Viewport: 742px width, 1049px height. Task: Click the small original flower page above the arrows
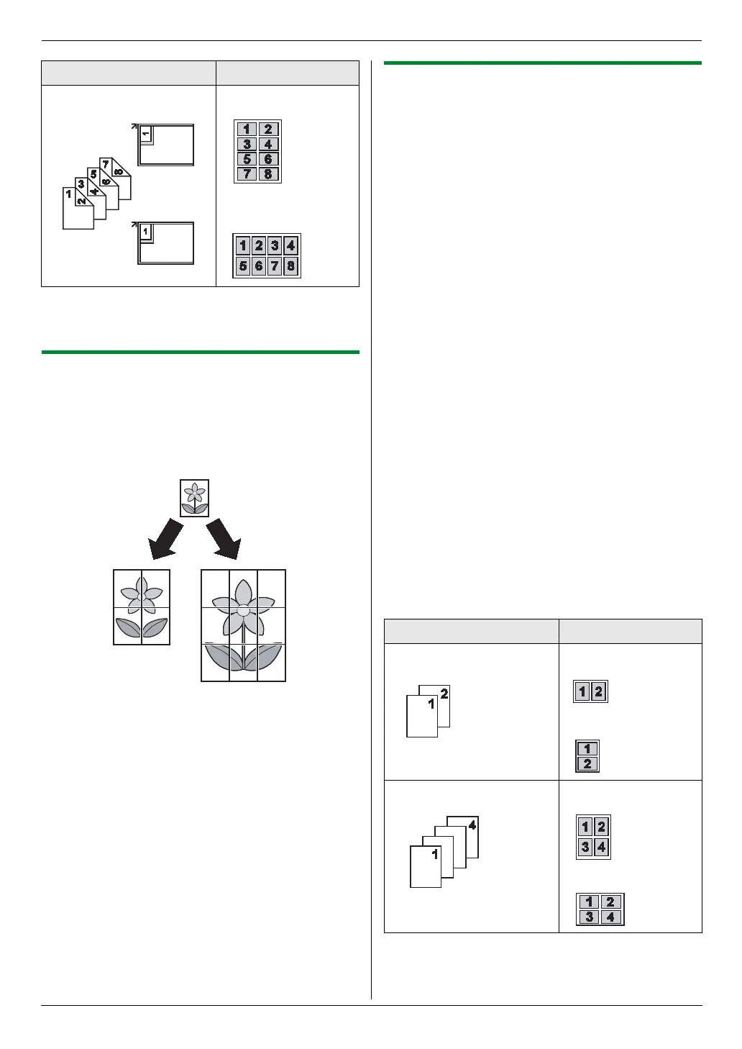(194, 498)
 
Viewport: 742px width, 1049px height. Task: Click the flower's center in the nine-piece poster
(244, 610)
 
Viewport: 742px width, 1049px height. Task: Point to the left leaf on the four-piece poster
(129, 627)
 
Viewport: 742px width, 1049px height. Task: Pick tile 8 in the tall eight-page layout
(268, 173)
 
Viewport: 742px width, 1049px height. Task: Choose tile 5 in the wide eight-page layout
(243, 265)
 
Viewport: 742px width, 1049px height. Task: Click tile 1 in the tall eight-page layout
(247, 130)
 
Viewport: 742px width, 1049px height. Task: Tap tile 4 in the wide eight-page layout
(290, 245)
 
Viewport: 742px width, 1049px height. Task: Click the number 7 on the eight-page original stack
(106, 164)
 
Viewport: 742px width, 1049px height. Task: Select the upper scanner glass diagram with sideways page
(166, 145)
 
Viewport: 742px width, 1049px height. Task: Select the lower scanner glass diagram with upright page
(166, 242)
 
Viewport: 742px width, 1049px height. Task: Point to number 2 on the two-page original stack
(444, 694)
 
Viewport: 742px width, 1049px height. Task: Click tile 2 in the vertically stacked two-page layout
(587, 763)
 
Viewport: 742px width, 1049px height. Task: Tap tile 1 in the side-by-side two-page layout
(582, 692)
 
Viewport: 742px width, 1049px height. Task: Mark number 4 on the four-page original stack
(472, 825)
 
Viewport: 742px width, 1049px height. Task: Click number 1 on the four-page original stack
(435, 854)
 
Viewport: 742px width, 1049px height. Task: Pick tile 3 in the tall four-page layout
(585, 847)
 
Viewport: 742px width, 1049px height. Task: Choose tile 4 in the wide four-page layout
(610, 917)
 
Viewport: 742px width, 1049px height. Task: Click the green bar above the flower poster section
(201, 352)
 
